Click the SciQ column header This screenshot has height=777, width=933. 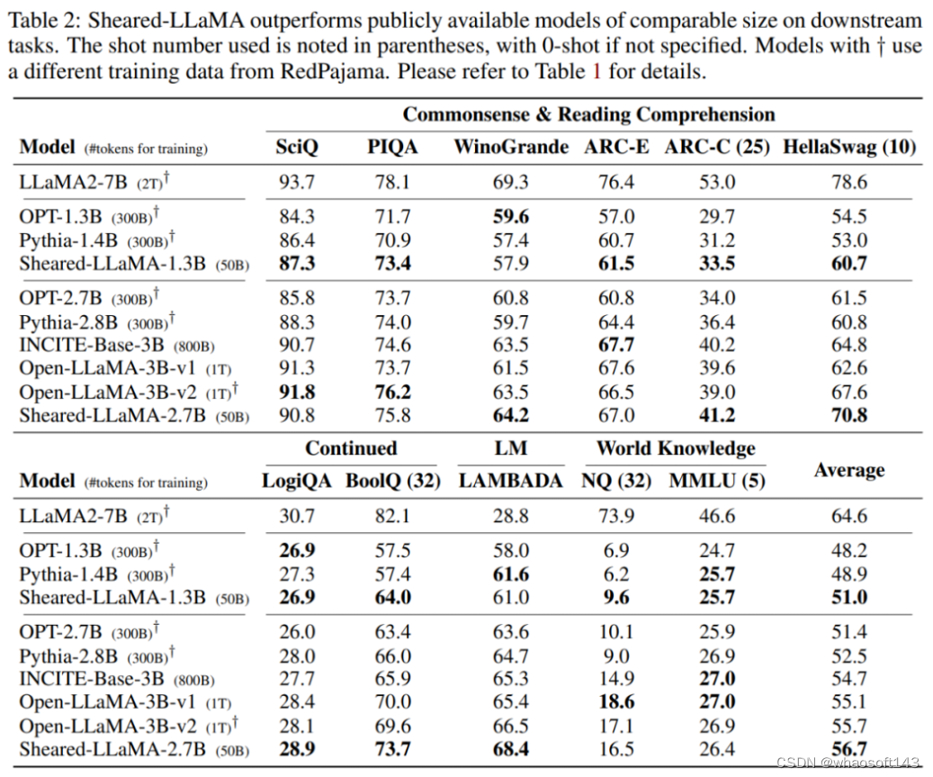tap(297, 147)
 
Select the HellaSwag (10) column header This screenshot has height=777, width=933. tap(849, 147)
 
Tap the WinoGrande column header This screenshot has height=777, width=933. tap(510, 147)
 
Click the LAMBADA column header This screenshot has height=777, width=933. tap(510, 481)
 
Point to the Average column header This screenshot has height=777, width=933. tap(849, 469)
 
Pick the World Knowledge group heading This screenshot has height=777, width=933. tap(676, 448)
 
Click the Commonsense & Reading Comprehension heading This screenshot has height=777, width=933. tap(588, 114)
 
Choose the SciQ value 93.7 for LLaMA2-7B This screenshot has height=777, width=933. tap(297, 183)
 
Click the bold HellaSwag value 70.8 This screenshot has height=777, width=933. tap(849, 415)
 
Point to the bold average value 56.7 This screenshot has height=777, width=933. tap(849, 749)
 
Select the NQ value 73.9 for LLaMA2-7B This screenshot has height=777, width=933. tap(616, 517)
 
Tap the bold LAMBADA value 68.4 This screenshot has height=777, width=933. tap(510, 749)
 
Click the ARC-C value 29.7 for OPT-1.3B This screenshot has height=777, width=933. tap(717, 217)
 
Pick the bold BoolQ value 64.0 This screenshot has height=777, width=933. tap(392, 598)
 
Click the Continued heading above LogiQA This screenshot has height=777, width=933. tap(351, 448)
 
